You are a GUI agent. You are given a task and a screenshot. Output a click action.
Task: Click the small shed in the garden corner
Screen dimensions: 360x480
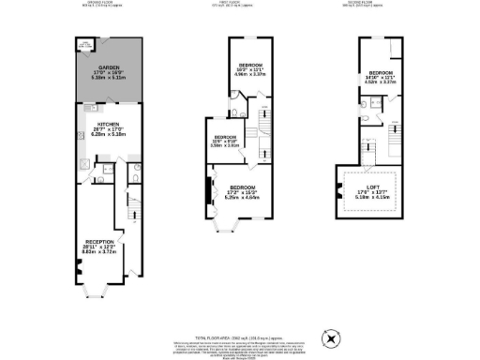click(84, 44)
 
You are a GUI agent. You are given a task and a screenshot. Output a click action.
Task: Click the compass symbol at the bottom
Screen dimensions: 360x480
click(331, 336)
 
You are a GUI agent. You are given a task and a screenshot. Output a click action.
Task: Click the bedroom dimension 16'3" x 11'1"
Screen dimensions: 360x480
click(249, 70)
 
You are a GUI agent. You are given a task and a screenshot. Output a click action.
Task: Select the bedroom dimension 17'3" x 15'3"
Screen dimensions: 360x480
click(243, 191)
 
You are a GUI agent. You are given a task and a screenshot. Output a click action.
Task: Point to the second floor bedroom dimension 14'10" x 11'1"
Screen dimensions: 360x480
click(382, 78)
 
